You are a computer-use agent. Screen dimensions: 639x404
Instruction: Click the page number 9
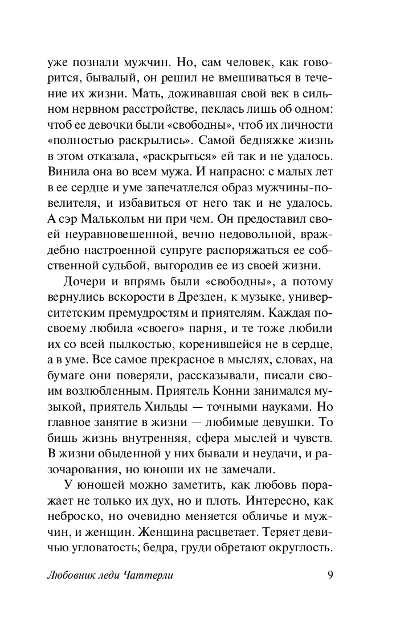(330, 575)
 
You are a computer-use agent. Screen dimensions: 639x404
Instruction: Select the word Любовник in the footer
(70, 575)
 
